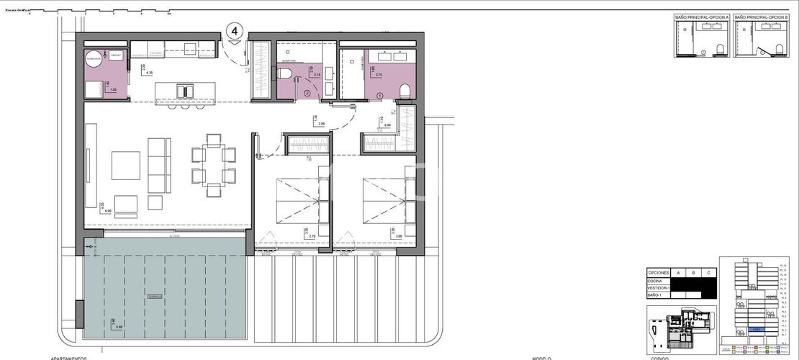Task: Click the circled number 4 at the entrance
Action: click(x=235, y=32)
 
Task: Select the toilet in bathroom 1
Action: click(x=405, y=90)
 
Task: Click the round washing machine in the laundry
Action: click(x=94, y=60)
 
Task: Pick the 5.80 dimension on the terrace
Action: click(x=119, y=327)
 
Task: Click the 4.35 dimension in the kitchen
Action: click(x=149, y=73)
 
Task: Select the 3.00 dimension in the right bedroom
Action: click(x=397, y=235)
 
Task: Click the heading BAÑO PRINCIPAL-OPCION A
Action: click(x=701, y=16)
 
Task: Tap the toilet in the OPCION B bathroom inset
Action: click(x=780, y=48)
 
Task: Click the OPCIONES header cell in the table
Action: click(x=659, y=274)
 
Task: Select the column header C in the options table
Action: click(x=709, y=274)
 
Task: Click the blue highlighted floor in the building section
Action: click(x=755, y=328)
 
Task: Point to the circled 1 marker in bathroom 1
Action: click(x=379, y=96)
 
